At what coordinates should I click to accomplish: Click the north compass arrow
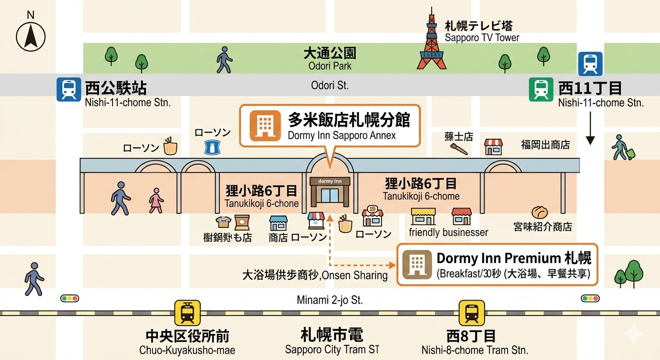(30, 36)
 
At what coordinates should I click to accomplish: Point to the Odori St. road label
(330, 85)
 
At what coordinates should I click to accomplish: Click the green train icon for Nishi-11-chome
(541, 90)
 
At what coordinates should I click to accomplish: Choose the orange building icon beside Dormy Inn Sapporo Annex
(262, 125)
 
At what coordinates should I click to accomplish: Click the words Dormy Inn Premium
(499, 258)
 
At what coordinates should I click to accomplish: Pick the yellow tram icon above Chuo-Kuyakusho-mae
(187, 313)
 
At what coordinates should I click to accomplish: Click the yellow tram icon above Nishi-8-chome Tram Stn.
(472, 313)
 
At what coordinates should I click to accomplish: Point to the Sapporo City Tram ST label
(332, 350)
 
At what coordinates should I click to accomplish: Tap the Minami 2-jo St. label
(330, 300)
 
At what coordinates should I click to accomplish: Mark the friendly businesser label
(448, 232)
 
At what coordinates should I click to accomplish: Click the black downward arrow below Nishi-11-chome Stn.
(590, 131)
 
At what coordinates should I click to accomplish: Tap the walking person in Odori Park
(224, 60)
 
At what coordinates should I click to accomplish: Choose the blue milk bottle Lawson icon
(212, 147)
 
